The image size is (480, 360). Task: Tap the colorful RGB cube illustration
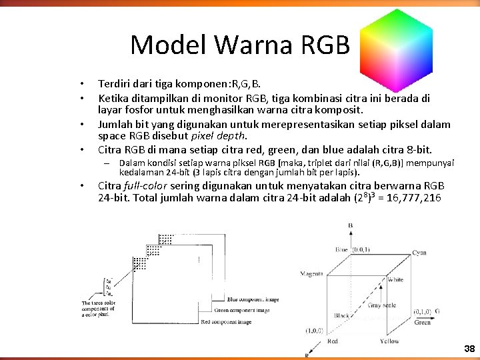[x=396, y=44]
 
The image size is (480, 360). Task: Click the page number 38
[x=469, y=349]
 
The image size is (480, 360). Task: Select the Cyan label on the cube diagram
[x=419, y=253]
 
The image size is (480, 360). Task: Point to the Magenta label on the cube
[x=311, y=273]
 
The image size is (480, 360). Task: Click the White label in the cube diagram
[x=395, y=279]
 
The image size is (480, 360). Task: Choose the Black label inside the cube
[x=343, y=315]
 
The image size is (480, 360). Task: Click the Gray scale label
[x=382, y=305]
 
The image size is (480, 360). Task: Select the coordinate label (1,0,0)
[x=315, y=330]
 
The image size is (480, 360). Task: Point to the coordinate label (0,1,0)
[x=422, y=311]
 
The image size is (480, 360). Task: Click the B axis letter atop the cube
[x=350, y=226]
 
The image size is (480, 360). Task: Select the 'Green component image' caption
[x=242, y=310]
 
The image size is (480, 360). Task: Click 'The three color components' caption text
[x=99, y=309]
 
